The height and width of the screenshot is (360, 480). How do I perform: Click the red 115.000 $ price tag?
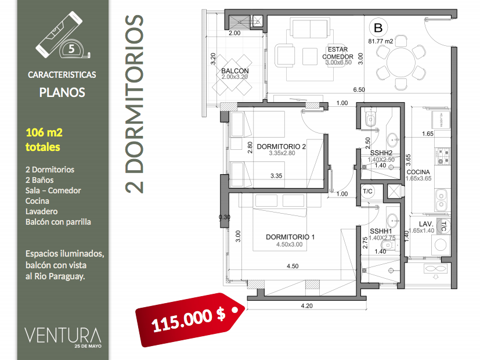[x=190, y=319]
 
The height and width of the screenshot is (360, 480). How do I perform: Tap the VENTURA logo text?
[x=63, y=336]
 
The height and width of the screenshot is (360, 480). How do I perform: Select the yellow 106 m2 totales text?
[x=44, y=139]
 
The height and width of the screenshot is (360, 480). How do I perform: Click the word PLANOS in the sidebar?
[x=62, y=92]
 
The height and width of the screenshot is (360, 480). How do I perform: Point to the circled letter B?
[x=378, y=28]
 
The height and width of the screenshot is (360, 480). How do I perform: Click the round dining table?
[x=401, y=63]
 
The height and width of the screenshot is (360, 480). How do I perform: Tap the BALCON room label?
[x=235, y=71]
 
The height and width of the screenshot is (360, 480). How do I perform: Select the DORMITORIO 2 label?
[x=281, y=147]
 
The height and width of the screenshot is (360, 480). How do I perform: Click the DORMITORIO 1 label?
[x=290, y=237]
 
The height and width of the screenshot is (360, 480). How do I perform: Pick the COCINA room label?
[x=418, y=172]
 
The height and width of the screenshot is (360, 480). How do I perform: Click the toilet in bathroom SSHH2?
[x=370, y=118]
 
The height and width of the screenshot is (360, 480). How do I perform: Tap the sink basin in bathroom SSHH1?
[x=392, y=220]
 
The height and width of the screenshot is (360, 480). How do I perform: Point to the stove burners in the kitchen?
[x=443, y=156]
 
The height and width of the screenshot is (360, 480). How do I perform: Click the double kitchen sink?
[x=441, y=200]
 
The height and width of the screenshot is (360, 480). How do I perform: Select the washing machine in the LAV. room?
[x=441, y=244]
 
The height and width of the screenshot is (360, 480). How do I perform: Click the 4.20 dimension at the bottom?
[x=306, y=306]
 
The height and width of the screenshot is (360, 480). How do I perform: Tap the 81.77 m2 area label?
[x=381, y=41]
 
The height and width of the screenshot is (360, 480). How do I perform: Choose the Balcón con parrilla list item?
[x=58, y=222]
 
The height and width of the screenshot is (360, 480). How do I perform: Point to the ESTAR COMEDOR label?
[x=338, y=53]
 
